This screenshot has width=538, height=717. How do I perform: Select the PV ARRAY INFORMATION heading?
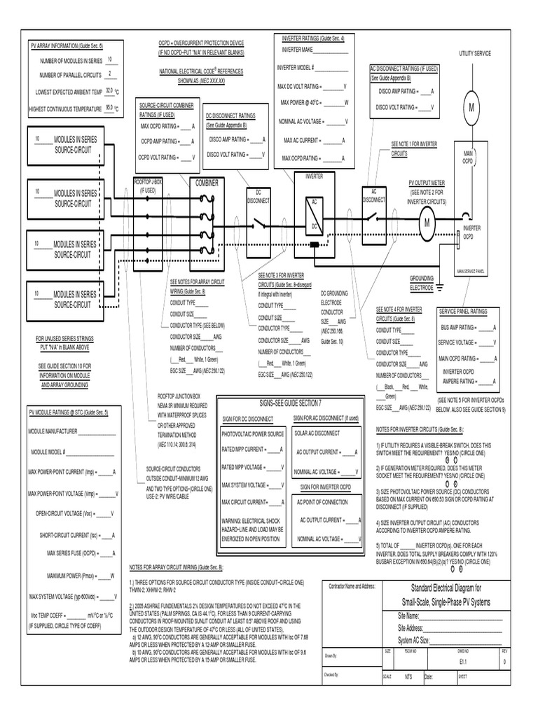click(67, 45)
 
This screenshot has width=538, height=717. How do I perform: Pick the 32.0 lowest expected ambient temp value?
click(109, 90)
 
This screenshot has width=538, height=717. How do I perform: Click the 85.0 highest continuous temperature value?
click(109, 108)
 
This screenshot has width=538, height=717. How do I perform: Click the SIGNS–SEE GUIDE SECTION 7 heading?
click(290, 404)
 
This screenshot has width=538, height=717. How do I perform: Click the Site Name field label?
click(412, 615)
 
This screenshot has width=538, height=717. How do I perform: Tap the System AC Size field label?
click(422, 640)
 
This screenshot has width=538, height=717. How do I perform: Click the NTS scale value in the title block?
click(408, 677)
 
